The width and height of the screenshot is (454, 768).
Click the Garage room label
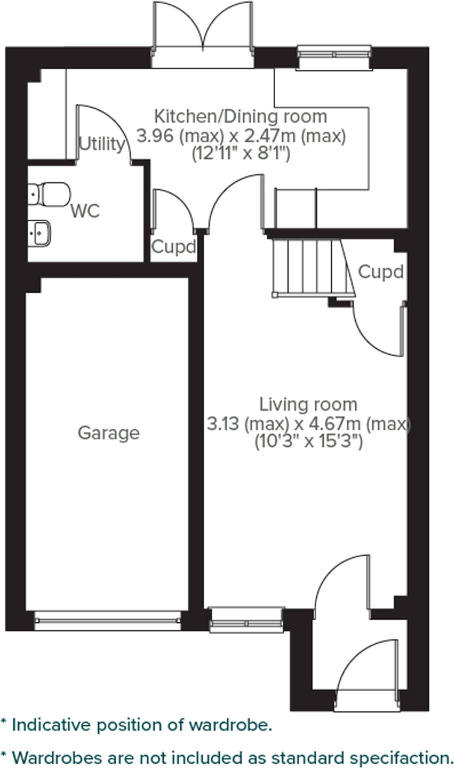click(109, 433)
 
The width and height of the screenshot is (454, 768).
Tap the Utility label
click(101, 144)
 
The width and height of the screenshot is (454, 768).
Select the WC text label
click(85, 211)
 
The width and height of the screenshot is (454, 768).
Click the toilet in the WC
click(49, 194)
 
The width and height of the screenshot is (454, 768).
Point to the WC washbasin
click(39, 233)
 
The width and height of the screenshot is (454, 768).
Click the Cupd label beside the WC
click(174, 247)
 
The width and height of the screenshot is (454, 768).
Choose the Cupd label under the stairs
click(380, 272)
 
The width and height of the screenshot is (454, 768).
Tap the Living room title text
click(308, 404)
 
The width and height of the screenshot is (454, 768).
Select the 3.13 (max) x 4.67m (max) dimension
click(308, 424)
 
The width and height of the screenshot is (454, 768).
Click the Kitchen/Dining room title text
click(240, 116)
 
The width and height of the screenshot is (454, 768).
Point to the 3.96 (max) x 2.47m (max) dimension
click(241, 136)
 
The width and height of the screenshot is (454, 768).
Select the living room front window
click(247, 620)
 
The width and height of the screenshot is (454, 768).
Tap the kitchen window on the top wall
click(334, 55)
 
